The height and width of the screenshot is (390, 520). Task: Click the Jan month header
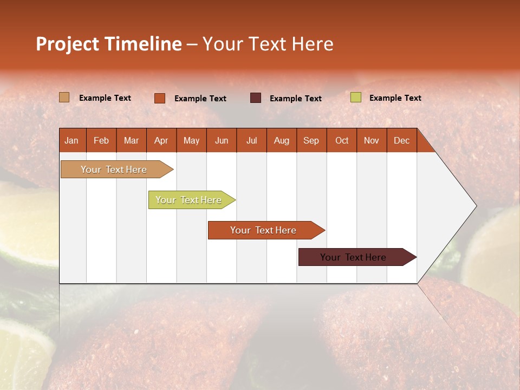click(72, 140)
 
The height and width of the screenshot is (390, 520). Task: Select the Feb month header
click(101, 140)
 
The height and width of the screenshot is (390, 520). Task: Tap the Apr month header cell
click(161, 140)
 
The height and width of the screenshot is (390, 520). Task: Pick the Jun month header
click(222, 140)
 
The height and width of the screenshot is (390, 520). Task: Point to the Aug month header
click(281, 140)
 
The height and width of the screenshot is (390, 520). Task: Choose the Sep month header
click(311, 140)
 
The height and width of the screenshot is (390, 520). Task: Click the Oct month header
click(341, 140)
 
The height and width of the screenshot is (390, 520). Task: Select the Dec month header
click(401, 140)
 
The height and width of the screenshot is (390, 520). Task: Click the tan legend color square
click(64, 97)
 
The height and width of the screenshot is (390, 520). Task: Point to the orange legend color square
click(159, 98)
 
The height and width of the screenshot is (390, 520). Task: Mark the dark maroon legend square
click(256, 97)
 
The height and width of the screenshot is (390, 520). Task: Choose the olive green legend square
click(356, 97)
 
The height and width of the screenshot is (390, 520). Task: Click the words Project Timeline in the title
click(108, 44)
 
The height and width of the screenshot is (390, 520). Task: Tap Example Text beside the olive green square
click(395, 98)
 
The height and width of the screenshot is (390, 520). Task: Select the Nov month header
click(371, 140)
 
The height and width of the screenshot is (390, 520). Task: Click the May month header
click(191, 140)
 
